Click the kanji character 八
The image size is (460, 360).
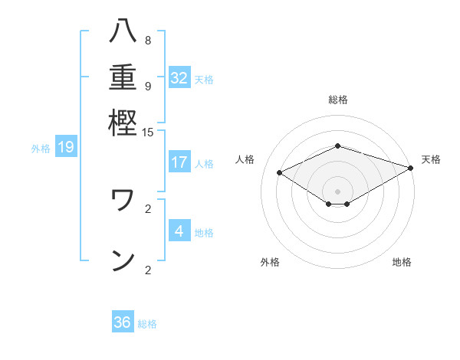(x=123, y=32)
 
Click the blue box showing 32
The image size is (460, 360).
(x=179, y=77)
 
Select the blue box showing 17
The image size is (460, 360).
(x=179, y=162)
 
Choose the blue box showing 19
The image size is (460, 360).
(x=66, y=147)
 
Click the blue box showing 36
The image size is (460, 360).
(x=123, y=322)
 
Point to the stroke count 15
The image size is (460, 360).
(x=148, y=132)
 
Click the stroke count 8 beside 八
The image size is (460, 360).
(x=148, y=40)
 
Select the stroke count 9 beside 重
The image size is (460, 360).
(x=148, y=86)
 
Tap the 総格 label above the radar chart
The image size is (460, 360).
(x=338, y=100)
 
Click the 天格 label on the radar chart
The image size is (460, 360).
(x=431, y=159)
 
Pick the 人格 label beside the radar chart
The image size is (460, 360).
(x=245, y=159)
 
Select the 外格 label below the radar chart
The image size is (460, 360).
(x=270, y=263)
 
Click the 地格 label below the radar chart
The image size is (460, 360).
(x=402, y=263)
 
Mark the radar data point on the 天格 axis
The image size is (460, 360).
(x=411, y=167)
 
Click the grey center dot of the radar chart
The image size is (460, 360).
(x=338, y=191)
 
